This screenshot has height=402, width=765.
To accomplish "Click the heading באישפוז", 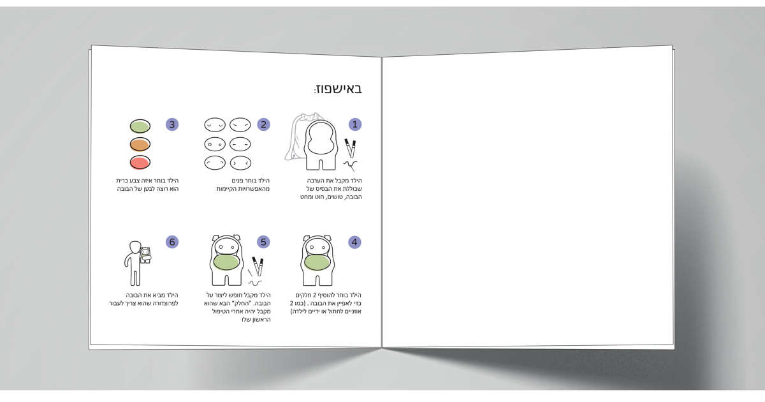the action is pos(338,89).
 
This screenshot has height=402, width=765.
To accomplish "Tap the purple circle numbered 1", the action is pos(355,124).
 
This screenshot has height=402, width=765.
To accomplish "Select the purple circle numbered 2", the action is pos(263,124).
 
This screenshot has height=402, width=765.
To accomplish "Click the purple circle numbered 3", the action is pos(172,124).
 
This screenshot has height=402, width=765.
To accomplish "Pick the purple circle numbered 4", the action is pos(354,242).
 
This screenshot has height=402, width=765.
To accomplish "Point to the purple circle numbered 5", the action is pos(263,242).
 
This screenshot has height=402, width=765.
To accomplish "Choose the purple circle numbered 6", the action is pos(172,242).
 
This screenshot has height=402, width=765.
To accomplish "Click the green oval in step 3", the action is pos(140,126).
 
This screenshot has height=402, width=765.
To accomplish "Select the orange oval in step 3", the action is pos(140,144).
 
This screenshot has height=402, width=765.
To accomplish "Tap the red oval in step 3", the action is pos(140,162).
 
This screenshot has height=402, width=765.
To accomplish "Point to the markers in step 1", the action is pos(351,147).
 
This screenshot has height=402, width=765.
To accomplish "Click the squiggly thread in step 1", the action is pos(351,165).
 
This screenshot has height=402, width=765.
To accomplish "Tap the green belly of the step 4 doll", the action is pos(317,263).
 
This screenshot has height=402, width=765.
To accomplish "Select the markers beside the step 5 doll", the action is pos(258,266).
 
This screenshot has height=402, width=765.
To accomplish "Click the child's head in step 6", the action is pos(135,248).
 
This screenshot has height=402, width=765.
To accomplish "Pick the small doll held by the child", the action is pos(145,255).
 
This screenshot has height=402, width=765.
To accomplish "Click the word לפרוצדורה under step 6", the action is pos(161,303).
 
